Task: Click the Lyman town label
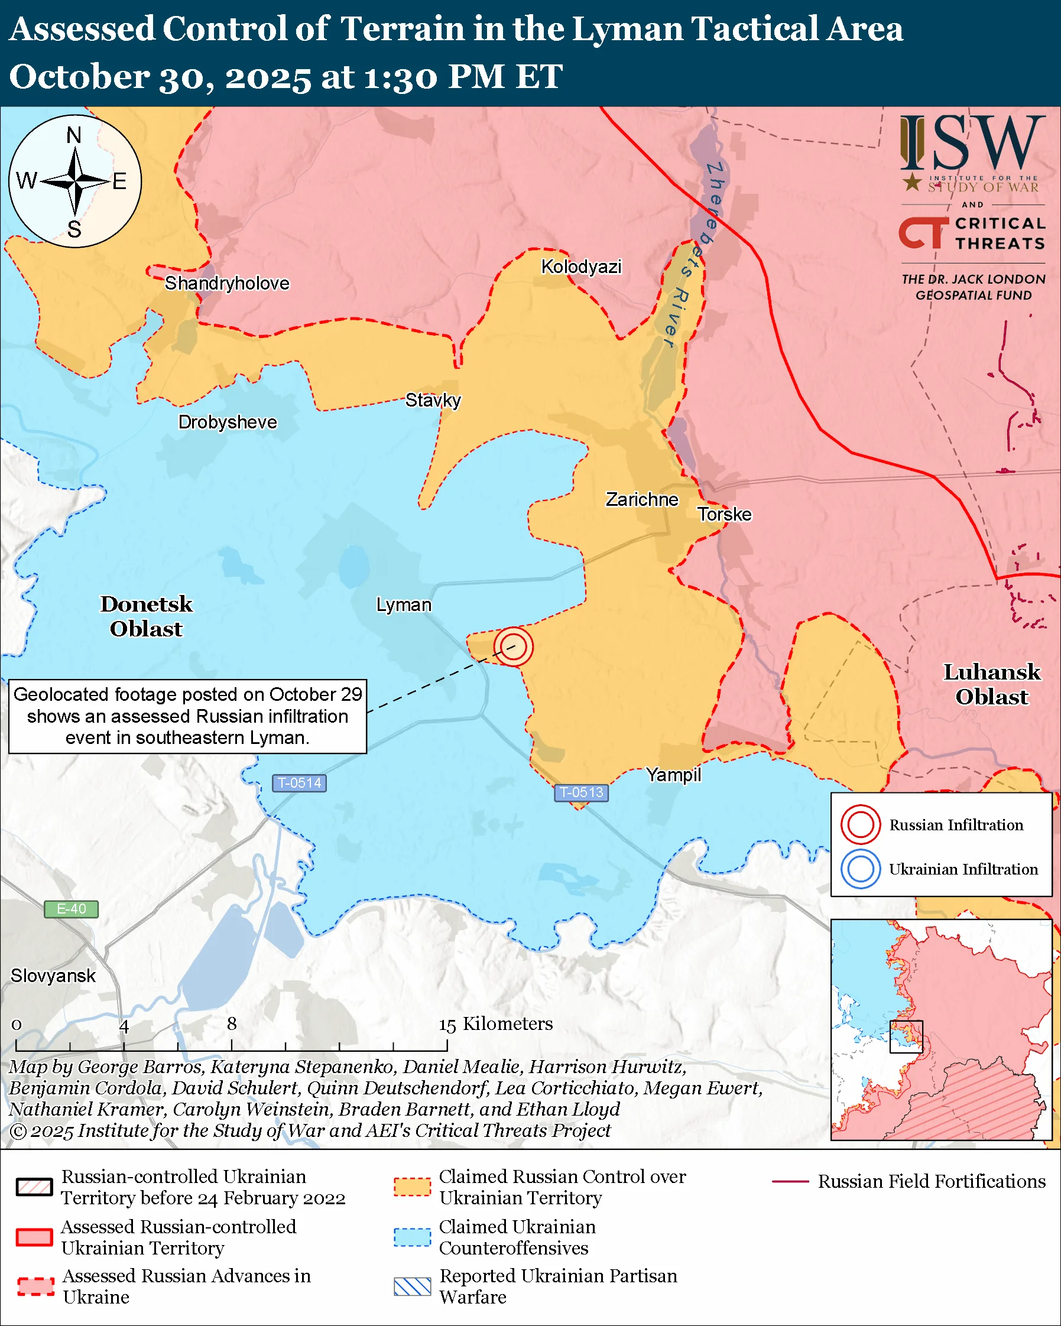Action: coord(404,604)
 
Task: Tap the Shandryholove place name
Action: coord(226,284)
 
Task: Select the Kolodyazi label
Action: coord(580,267)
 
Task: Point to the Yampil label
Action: coord(673,774)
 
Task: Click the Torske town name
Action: coord(724,514)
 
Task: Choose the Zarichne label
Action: coord(641,499)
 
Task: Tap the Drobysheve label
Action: coord(228,422)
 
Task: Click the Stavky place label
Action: coord(433,401)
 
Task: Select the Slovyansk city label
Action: coord(53,976)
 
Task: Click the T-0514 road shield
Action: coord(300,783)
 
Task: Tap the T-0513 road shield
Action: coord(581,792)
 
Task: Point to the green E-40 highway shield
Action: coord(72,908)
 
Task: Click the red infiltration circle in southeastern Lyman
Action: coord(513,646)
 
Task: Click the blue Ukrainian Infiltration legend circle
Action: coord(860,869)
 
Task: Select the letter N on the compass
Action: coord(74,135)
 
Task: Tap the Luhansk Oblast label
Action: coord(991,684)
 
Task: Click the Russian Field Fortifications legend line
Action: coord(790,1181)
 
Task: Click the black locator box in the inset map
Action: coord(906,1036)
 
